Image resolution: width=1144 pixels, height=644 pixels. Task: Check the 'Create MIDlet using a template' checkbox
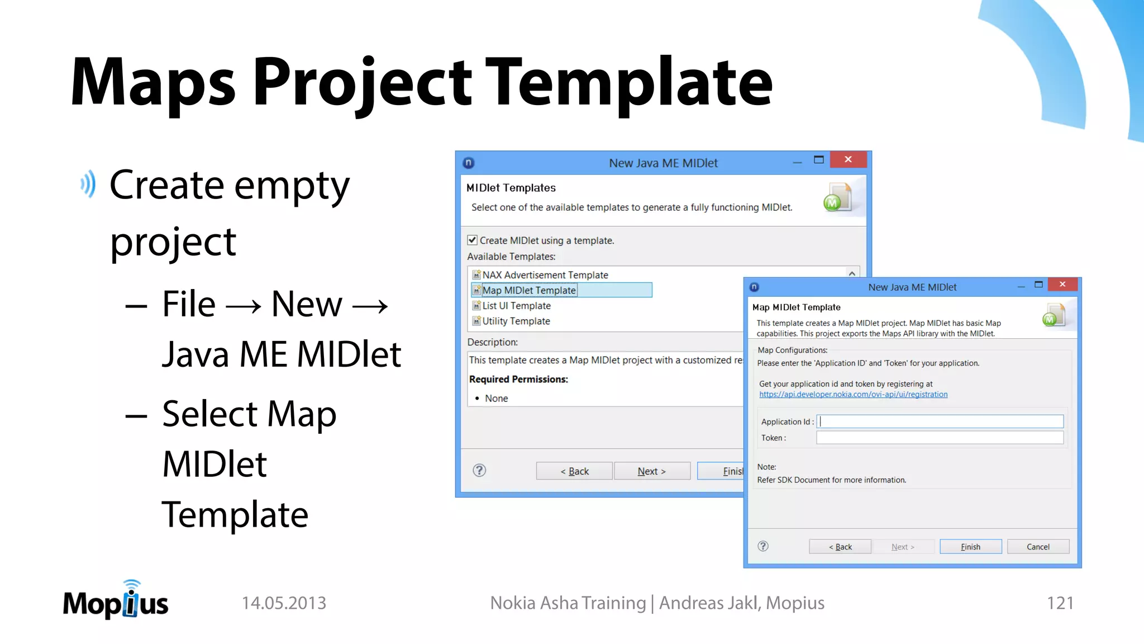coord(472,240)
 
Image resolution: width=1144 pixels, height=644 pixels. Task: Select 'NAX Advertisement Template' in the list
coord(545,275)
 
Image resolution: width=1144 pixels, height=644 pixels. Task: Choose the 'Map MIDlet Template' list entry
coord(529,290)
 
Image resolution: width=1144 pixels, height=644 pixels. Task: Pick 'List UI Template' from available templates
coord(516,306)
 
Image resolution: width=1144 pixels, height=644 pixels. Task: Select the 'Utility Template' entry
coord(516,321)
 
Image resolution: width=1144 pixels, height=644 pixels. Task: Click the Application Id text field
coord(940,422)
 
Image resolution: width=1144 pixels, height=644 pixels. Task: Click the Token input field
coord(940,438)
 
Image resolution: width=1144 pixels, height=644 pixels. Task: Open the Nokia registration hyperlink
coord(853,395)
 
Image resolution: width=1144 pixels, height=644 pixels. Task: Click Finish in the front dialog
coord(970,547)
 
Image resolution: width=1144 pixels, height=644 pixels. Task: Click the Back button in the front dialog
coord(840,547)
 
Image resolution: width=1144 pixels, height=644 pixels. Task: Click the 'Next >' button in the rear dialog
coord(651,471)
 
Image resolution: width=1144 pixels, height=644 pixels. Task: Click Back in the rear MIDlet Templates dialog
coord(574,471)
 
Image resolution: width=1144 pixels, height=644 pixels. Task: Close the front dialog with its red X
coord(1062,285)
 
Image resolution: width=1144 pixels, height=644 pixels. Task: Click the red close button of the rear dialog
coord(848,160)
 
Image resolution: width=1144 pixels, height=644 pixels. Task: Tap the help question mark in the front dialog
coord(763,546)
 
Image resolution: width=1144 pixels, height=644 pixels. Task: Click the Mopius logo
coord(116,601)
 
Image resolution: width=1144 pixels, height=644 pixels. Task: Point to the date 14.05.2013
coord(284,603)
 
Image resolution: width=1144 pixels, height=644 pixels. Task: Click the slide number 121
coord(1060,603)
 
